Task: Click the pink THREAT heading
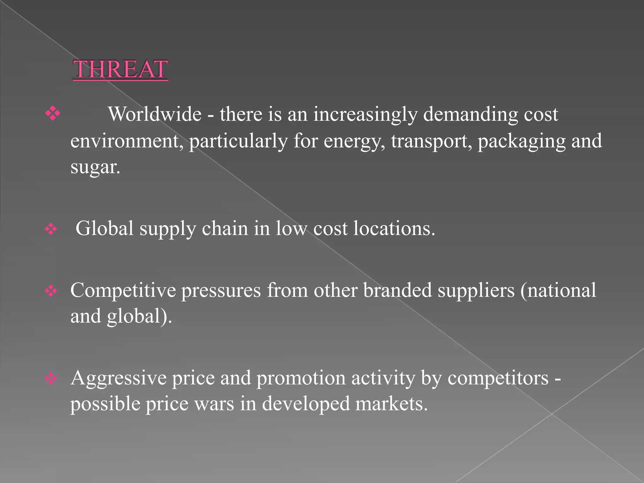[x=120, y=69]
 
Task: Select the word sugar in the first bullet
[x=95, y=167]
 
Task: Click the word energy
[x=354, y=141]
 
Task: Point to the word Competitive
[x=123, y=290]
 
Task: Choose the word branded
[x=397, y=290]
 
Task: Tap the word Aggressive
[x=118, y=378]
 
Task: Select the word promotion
[x=301, y=378]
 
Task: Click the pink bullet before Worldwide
[x=53, y=114]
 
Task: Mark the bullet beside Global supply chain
[x=51, y=229]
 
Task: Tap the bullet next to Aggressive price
[x=51, y=379]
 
